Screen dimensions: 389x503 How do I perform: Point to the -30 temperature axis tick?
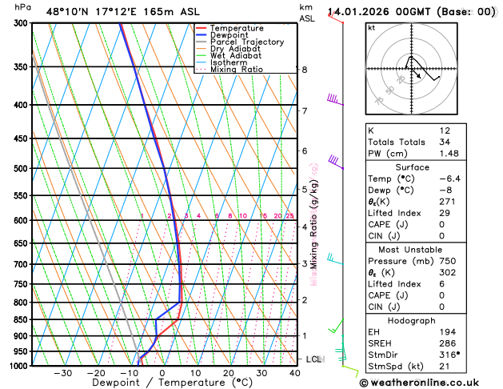[62, 373]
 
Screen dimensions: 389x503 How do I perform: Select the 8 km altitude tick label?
[304, 70]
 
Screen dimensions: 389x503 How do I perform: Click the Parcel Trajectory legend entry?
[246, 42]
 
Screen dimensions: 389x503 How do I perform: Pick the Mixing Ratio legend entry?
[237, 70]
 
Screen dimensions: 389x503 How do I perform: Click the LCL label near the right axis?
[313, 359]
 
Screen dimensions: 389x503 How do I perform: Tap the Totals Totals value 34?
[445, 142]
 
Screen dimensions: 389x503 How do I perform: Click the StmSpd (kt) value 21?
[445, 367]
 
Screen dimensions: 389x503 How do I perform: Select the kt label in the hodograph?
[371, 27]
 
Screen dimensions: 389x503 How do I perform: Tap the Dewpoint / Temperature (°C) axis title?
[162, 383]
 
